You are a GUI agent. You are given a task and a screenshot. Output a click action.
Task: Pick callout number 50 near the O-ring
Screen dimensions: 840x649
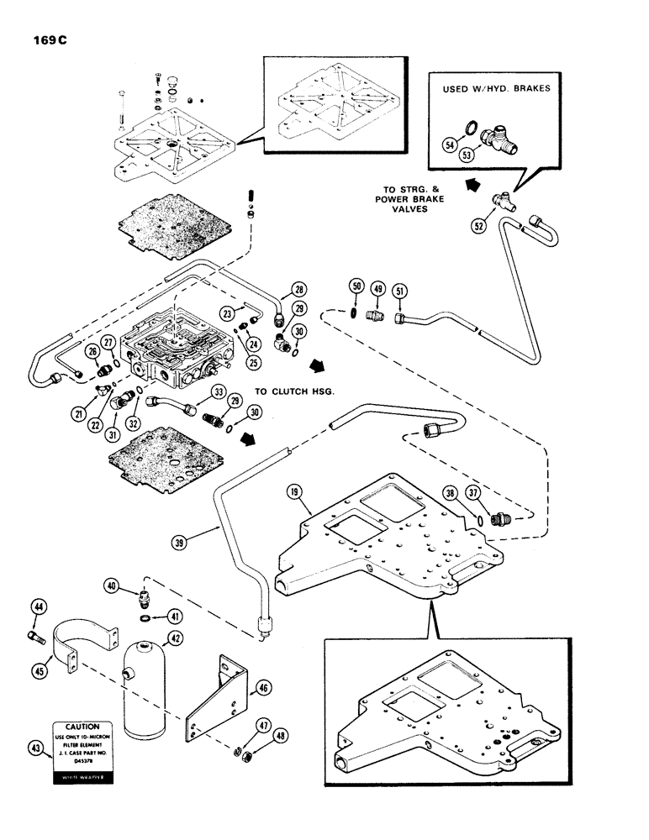pos(356,287)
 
